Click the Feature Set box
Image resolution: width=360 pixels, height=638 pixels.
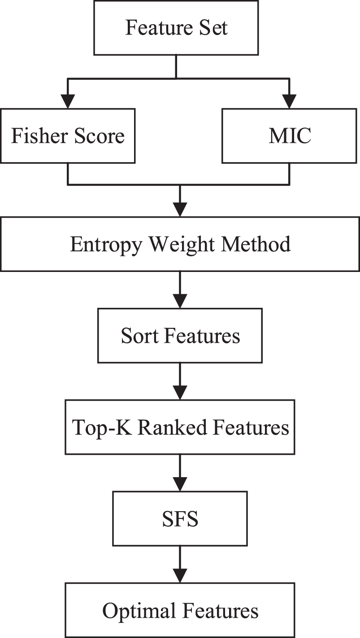click(176, 28)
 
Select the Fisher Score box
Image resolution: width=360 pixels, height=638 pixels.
click(68, 136)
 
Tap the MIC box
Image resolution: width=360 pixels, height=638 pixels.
click(290, 136)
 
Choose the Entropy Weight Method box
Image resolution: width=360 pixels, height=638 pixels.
click(180, 245)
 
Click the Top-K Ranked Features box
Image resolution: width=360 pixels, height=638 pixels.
click(180, 428)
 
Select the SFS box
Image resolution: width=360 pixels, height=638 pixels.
click(180, 519)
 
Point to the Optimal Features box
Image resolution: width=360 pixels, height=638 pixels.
click(180, 611)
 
